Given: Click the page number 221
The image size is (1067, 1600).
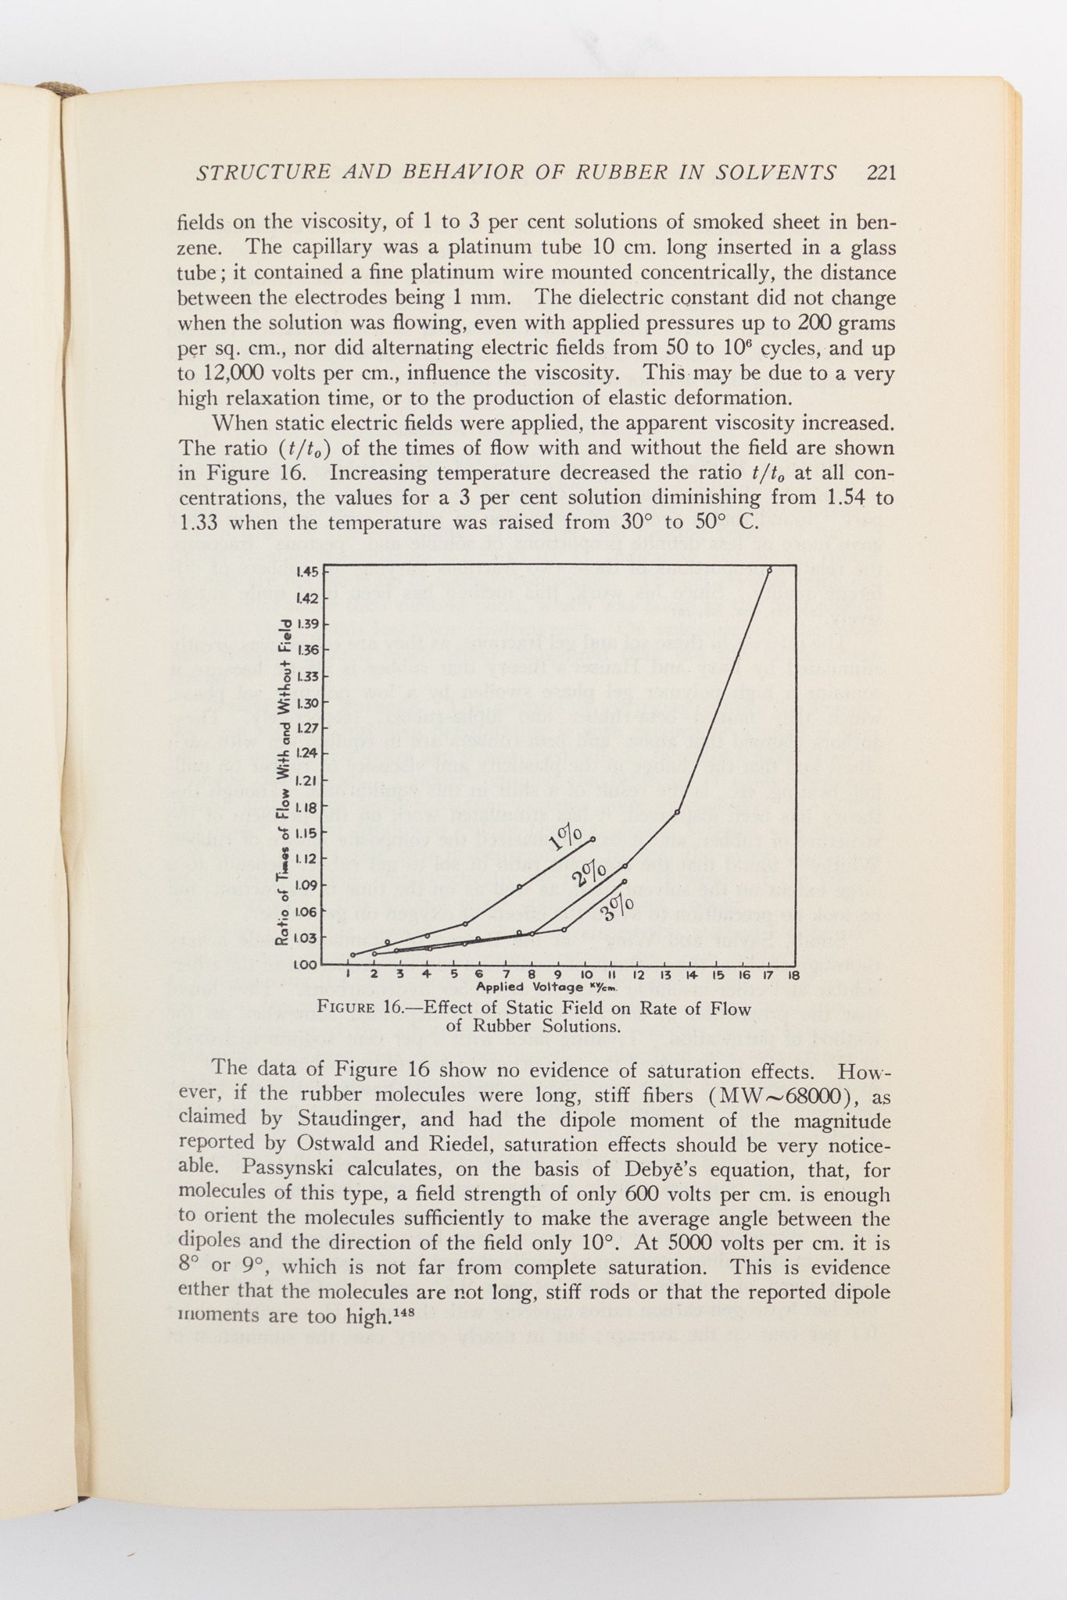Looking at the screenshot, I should click(x=881, y=173).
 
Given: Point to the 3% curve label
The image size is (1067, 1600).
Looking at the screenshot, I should click(x=618, y=906).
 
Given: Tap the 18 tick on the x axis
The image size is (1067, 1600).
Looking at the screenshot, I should click(x=793, y=975).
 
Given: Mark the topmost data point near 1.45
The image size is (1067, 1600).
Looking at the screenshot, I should click(x=769, y=570).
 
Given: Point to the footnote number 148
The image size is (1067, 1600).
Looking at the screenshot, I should click(x=403, y=1309).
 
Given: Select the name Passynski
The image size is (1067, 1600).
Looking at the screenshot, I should click(x=290, y=1170).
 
